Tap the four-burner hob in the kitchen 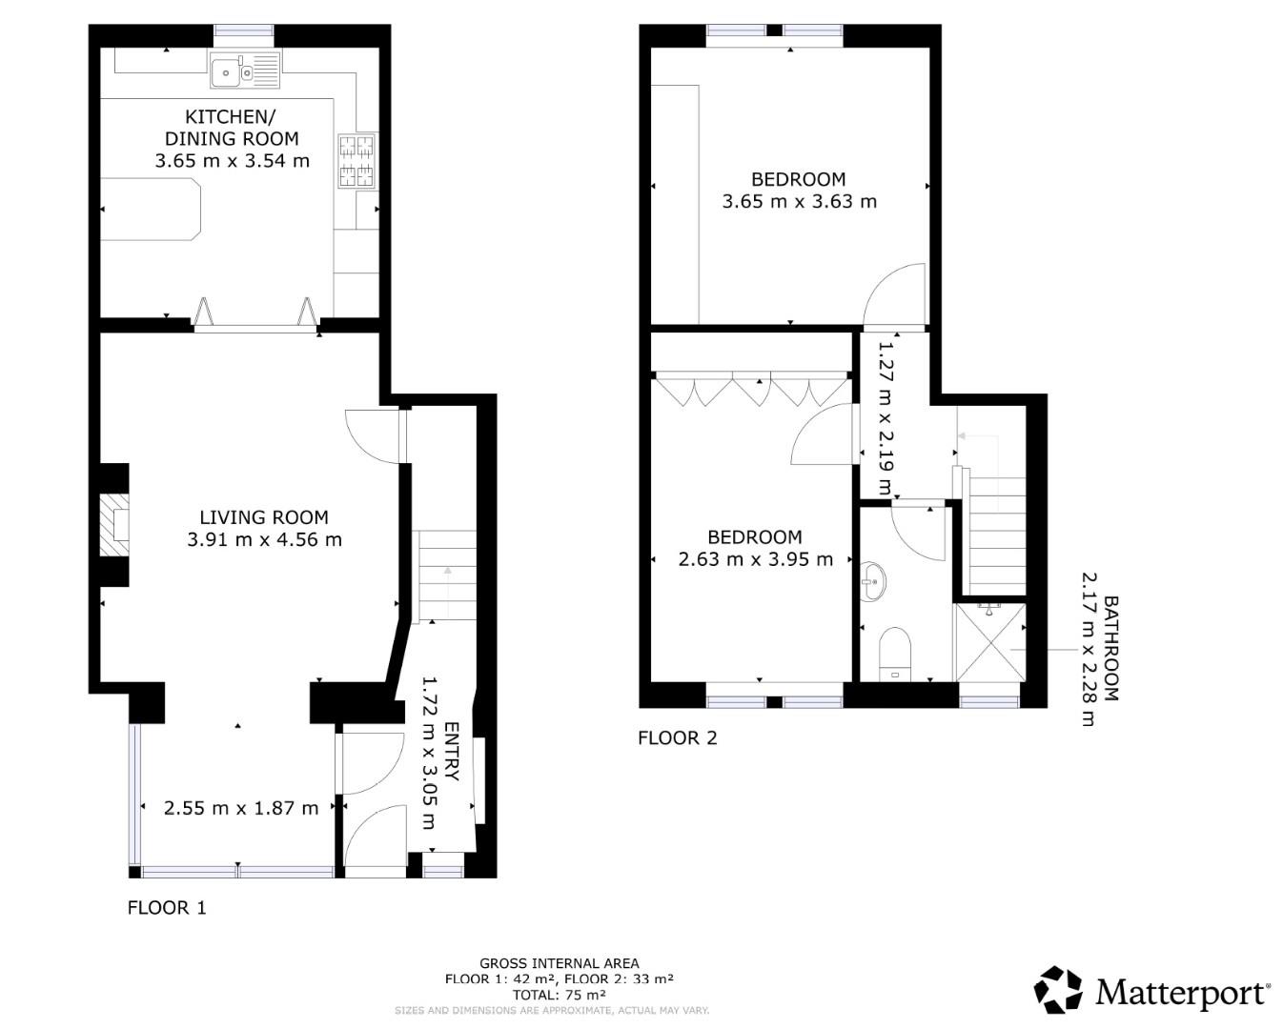[x=356, y=161]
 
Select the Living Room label [x=264, y=517]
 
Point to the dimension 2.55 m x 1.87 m [x=241, y=808]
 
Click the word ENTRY [x=451, y=751]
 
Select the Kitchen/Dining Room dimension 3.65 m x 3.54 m [x=233, y=161]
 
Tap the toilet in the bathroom [x=895, y=651]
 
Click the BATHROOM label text [x=1110, y=649]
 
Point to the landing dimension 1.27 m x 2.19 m [x=885, y=420]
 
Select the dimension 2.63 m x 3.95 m [x=755, y=559]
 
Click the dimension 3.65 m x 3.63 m [x=799, y=201]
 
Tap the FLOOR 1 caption [x=167, y=907]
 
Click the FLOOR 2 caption [x=677, y=737]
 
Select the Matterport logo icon [x=1058, y=990]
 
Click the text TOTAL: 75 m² [x=560, y=994]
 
